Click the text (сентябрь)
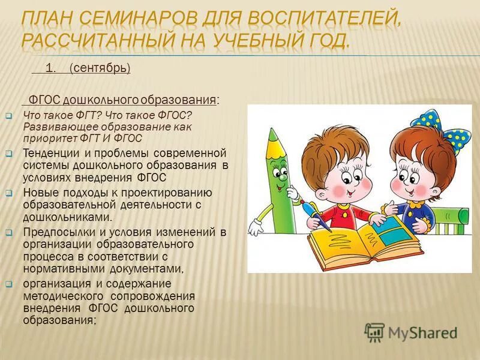[x=100, y=68]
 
